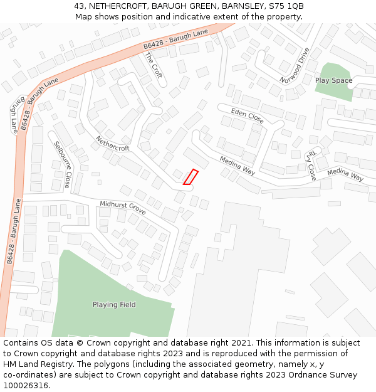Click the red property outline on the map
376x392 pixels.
[191, 177]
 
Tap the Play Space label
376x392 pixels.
[333, 80]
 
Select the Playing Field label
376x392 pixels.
[114, 305]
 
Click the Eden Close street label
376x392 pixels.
[247, 115]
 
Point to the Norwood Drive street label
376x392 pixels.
[295, 66]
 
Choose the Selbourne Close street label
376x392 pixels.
[62, 164]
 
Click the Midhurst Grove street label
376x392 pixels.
[123, 208]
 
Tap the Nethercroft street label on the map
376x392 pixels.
[113, 144]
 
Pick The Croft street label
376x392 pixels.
[154, 65]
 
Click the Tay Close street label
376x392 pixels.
[311, 165]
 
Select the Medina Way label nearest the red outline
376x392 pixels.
[238, 166]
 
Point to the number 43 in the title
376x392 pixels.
[79, 6]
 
